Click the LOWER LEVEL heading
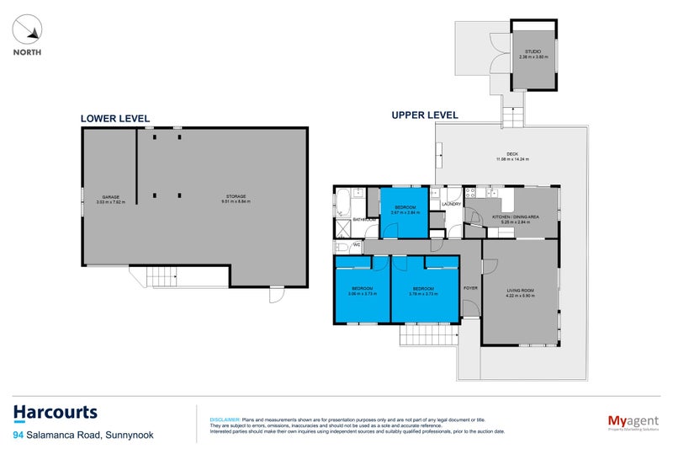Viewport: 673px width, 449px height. pyautogui.click(x=115, y=119)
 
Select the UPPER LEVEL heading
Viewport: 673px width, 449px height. pyautogui.click(x=425, y=115)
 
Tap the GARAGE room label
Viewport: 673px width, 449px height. pyautogui.click(x=109, y=198)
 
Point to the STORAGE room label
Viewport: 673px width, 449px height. pyautogui.click(x=235, y=198)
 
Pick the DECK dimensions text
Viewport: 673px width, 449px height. pyautogui.click(x=511, y=159)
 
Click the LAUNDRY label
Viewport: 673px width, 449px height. pyautogui.click(x=451, y=204)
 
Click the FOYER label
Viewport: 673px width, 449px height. pyautogui.click(x=471, y=288)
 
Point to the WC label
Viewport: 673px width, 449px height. pyautogui.click(x=357, y=246)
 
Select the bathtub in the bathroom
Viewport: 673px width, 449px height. pyautogui.click(x=344, y=203)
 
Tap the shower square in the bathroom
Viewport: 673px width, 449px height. pyautogui.click(x=342, y=228)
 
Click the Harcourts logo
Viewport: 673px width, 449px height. pyautogui.click(x=56, y=413)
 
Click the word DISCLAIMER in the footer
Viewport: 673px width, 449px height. pyautogui.click(x=224, y=419)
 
